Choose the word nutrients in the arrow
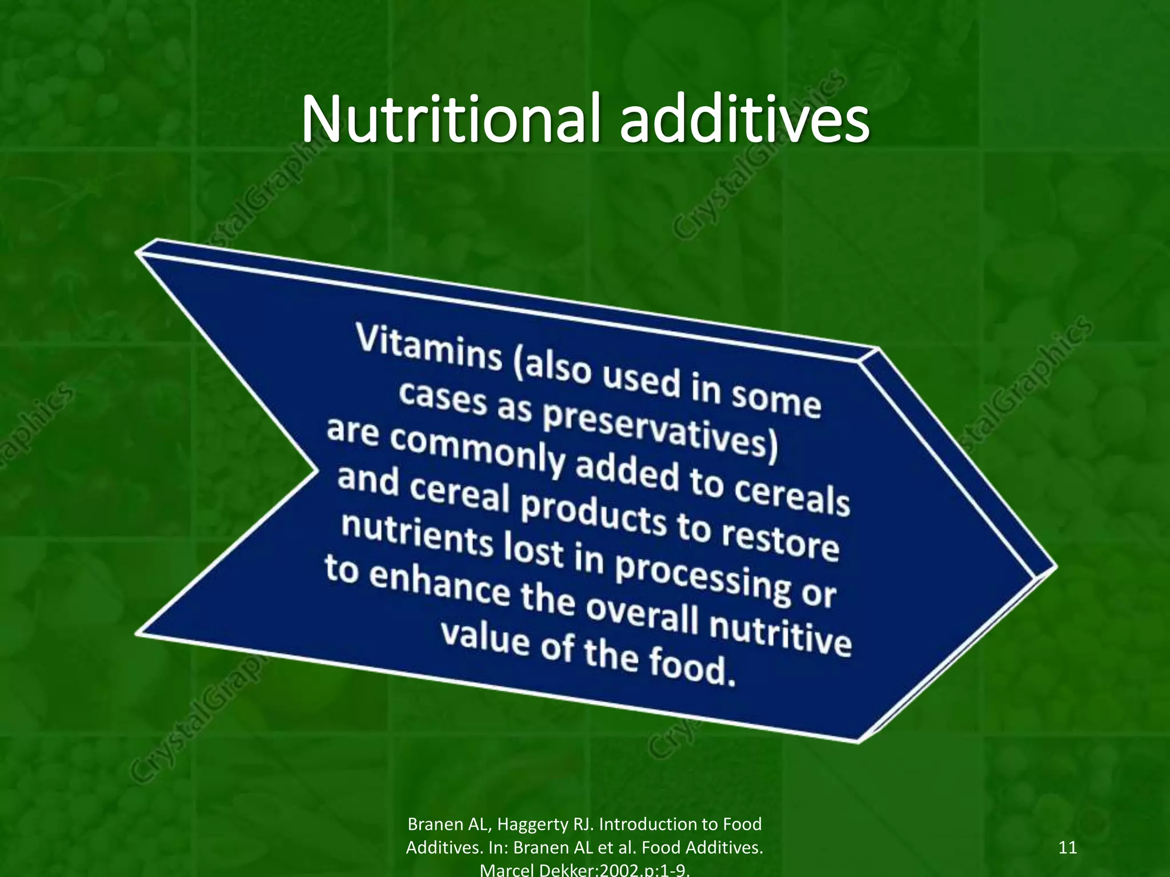pyautogui.click(x=417, y=534)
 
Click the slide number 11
pyautogui.click(x=1067, y=847)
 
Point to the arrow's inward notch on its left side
pyautogui.click(x=315, y=469)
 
